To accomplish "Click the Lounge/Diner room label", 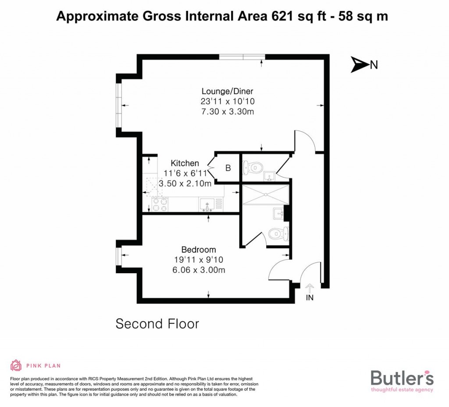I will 228,91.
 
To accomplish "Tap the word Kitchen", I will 185,163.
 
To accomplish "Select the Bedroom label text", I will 200,250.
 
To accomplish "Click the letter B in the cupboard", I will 228,168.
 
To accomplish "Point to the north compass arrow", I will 360,65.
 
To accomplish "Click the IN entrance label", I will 310,298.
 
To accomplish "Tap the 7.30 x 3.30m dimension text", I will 228,112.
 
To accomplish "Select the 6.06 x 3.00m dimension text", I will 200,270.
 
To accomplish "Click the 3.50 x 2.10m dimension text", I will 185,183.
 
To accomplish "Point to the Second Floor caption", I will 157,324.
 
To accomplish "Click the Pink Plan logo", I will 35,365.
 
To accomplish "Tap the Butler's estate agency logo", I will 402,380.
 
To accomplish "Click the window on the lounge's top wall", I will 242,56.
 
